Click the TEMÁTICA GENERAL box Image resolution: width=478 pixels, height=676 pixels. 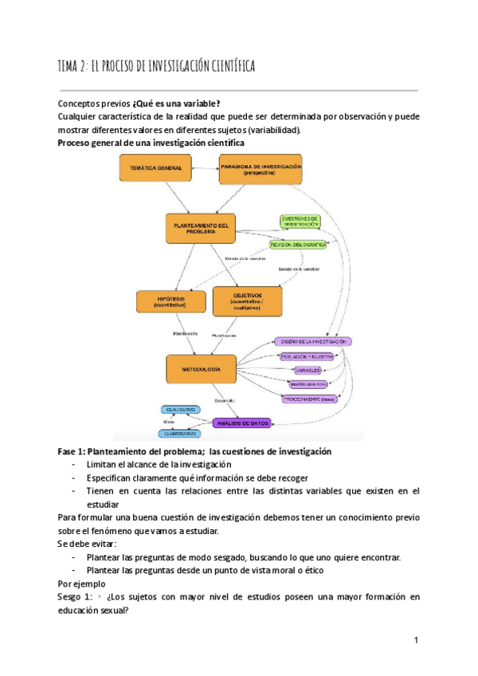pos(155,168)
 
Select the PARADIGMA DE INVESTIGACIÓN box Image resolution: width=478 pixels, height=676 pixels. pos(261,169)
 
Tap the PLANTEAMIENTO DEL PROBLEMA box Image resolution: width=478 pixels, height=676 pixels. pos(202,229)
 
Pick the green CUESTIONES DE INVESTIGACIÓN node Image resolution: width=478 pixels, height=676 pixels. pos(304,222)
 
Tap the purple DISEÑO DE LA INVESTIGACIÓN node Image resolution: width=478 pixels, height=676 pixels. pos(311,340)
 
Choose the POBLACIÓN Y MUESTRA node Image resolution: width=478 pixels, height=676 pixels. pos(308,356)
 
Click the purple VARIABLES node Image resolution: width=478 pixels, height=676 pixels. pos(308,371)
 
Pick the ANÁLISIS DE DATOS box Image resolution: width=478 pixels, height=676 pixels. pos(243,422)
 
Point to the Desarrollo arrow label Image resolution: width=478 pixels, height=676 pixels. pos(222,399)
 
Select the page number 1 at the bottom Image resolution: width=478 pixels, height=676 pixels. pos(416,640)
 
